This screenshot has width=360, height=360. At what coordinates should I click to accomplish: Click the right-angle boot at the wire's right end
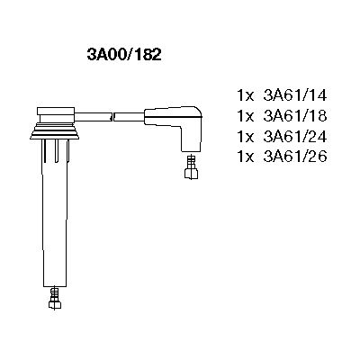(x=188, y=126)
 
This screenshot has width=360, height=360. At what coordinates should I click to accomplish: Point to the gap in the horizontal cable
(x=113, y=115)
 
